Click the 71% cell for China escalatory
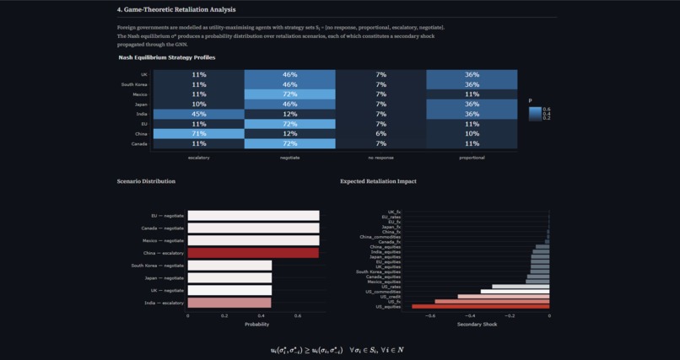pos(199,133)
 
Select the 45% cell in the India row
pos(199,114)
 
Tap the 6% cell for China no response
pos(380,133)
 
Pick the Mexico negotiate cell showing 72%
pos(289,94)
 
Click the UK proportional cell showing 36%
pos(472,75)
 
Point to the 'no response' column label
pos(380,156)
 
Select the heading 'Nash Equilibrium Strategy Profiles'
pos(166,57)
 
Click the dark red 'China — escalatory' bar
pos(253,253)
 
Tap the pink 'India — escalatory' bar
pos(229,303)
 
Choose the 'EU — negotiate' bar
pos(253,216)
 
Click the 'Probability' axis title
pos(256,325)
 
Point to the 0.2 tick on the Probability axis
pos(224,316)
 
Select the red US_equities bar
pos(481,307)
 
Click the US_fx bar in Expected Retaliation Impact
pos(492,301)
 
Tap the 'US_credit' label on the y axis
pos(391,296)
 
